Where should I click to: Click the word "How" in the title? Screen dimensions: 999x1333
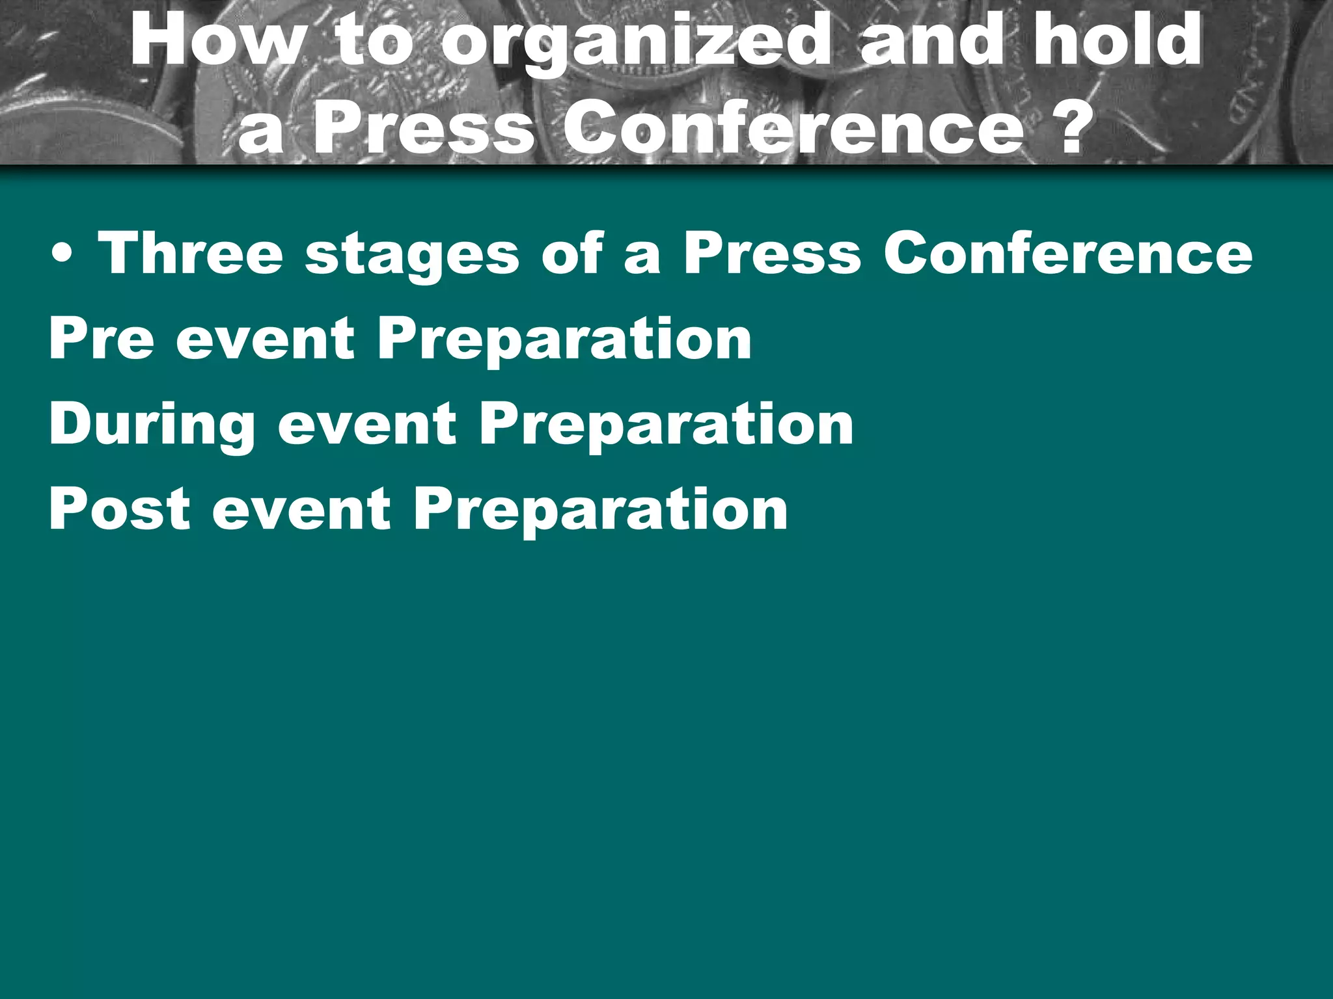(215, 40)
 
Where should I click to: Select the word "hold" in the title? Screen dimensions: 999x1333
(1117, 40)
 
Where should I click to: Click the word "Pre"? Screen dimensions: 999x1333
(102, 339)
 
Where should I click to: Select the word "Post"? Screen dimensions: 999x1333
(120, 509)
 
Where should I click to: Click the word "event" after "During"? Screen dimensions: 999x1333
(367, 424)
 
